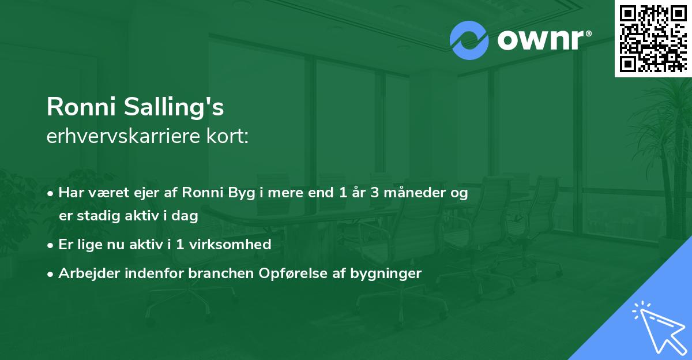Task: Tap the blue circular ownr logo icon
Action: (x=469, y=40)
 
